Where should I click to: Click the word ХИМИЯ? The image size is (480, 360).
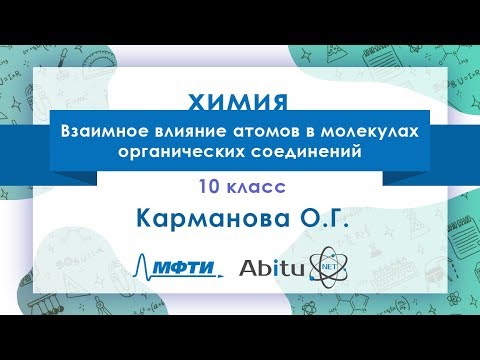tap(239, 103)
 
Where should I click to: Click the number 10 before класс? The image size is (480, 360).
tap(206, 186)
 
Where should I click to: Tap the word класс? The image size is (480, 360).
tap(255, 186)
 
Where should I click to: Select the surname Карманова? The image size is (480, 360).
tap(208, 217)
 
